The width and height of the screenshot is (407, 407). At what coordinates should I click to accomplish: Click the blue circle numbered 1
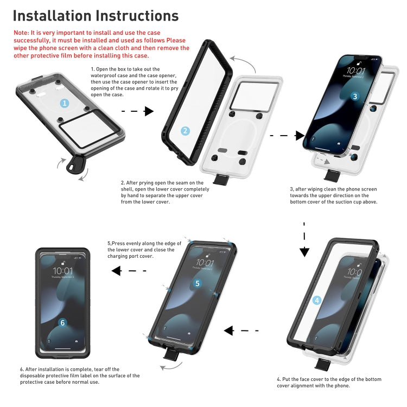point(65,103)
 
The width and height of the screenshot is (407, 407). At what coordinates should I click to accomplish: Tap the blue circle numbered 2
point(185,131)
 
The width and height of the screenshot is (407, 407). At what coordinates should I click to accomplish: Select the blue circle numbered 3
point(355,97)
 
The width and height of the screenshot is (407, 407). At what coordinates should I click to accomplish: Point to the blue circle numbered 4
point(317,300)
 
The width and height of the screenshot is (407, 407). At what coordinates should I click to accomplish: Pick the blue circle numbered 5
point(197,283)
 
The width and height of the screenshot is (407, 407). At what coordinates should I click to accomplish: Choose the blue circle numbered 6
point(62,322)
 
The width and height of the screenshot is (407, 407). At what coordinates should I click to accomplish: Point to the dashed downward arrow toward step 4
point(304,239)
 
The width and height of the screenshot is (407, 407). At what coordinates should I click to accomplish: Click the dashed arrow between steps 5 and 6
point(124,270)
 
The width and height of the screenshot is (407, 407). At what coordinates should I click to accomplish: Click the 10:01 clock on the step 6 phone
point(62,270)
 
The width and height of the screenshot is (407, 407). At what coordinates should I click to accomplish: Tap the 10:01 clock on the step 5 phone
point(205,263)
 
